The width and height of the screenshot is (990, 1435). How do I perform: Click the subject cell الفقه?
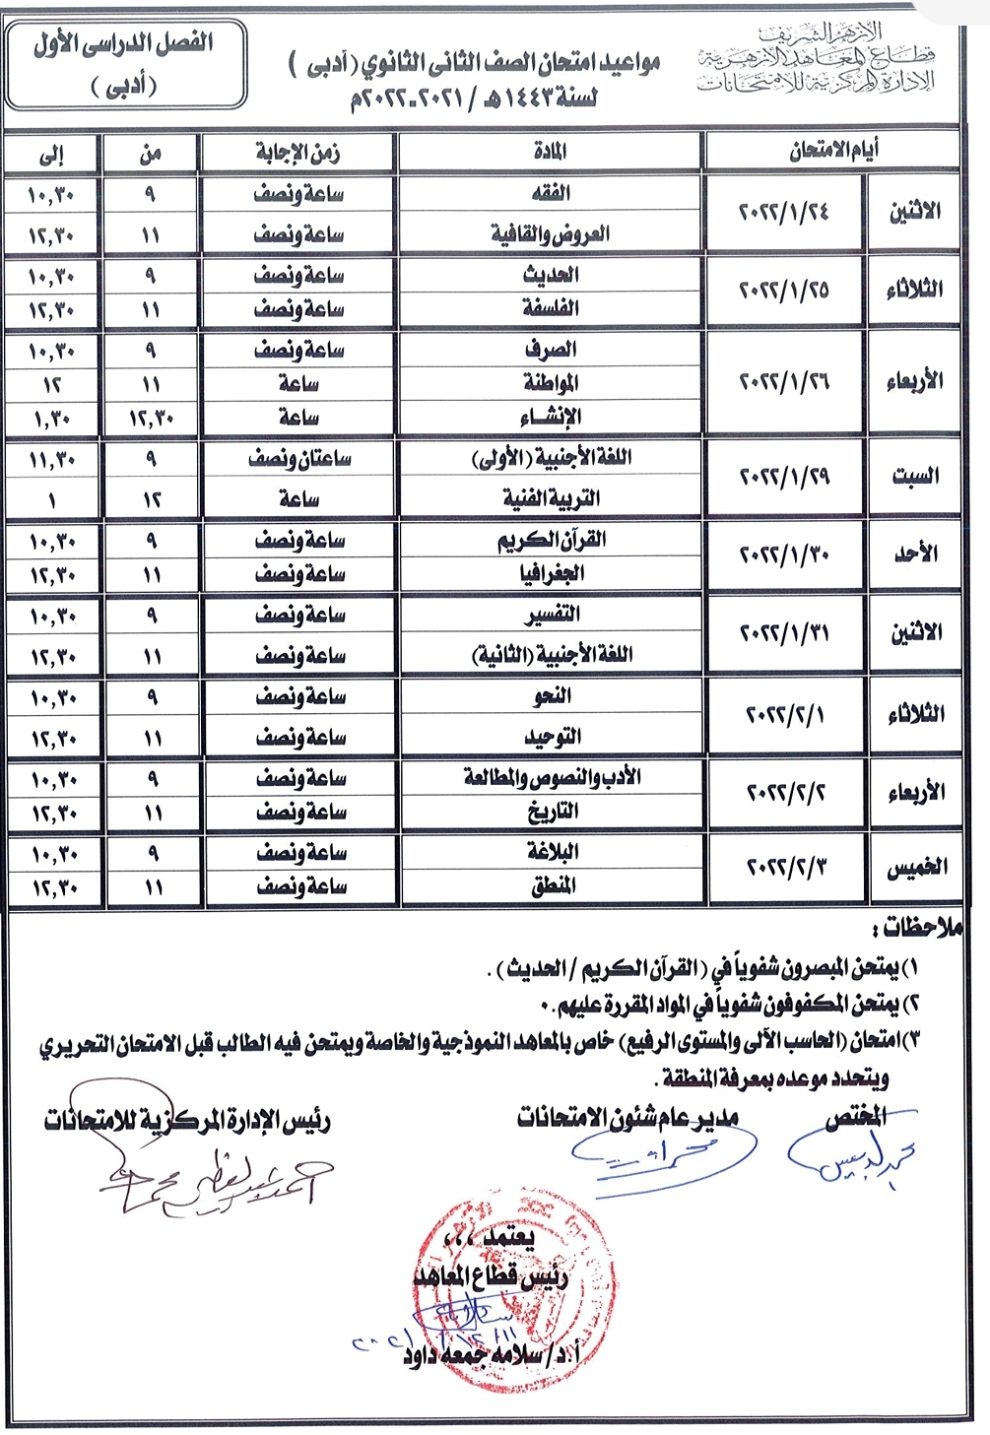551,193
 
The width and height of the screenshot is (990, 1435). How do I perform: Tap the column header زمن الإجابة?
297,153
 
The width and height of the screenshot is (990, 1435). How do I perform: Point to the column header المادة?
551,153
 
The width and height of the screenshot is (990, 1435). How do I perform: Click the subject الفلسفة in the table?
551,308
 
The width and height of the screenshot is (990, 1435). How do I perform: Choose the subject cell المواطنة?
551,383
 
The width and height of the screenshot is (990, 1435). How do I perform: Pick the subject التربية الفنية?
551,497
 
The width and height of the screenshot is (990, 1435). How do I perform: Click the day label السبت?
915,477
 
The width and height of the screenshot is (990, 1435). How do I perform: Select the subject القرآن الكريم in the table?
551,540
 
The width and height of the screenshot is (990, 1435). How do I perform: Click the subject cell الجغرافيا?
551,573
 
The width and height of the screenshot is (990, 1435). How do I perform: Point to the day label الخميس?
915,868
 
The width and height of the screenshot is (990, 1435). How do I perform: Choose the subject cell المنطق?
551,886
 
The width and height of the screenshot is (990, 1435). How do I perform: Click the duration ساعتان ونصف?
299,459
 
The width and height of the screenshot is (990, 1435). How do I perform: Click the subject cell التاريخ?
551,812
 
